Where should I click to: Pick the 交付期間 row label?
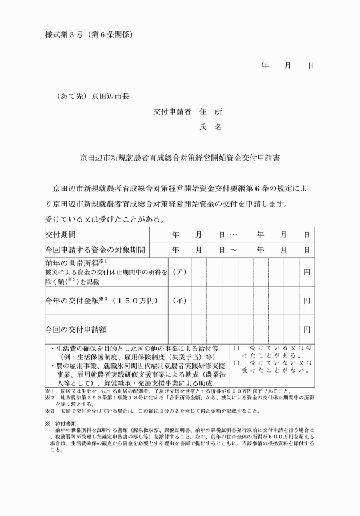coord(60,235)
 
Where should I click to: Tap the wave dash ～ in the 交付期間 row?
coord(233,235)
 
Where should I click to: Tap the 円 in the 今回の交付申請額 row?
coord(307,330)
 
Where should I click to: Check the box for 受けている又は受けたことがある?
coord(237,347)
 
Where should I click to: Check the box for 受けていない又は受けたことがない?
coord(237,363)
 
